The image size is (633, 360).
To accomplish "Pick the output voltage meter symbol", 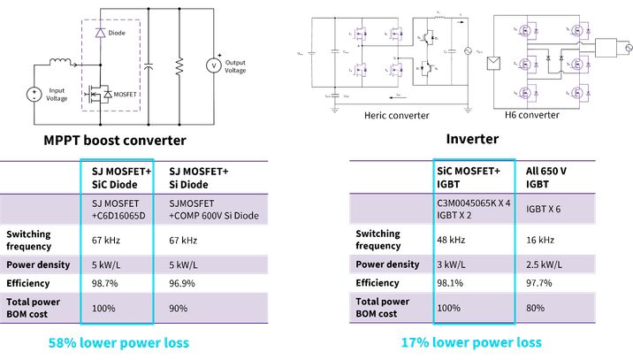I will pos(212,64).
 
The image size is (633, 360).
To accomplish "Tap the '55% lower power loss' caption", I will pos(118,342).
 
